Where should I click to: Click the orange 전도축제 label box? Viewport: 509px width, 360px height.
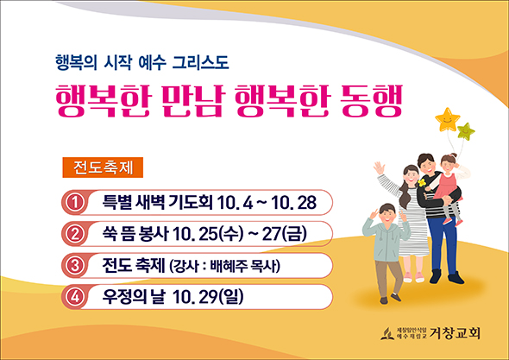103,167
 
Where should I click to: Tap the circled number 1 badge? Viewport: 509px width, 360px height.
75,202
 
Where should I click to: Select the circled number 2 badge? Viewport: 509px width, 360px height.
75,234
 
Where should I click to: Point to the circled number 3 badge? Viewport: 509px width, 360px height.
75,265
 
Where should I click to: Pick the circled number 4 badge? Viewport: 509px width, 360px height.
75,297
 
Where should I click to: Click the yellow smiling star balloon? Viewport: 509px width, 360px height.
448,119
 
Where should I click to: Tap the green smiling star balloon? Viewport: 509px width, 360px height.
466,131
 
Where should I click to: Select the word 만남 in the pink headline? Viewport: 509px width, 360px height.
192,100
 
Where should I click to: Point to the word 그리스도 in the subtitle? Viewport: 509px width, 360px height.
200,62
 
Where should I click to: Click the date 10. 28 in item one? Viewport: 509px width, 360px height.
293,202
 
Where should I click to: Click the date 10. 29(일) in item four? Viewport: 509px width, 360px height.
208,297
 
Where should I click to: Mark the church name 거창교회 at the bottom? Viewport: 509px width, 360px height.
455,333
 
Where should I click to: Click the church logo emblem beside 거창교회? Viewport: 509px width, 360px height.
387,334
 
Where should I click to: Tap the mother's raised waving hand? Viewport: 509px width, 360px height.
379,168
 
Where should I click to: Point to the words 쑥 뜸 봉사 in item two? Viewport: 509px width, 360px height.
135,234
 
